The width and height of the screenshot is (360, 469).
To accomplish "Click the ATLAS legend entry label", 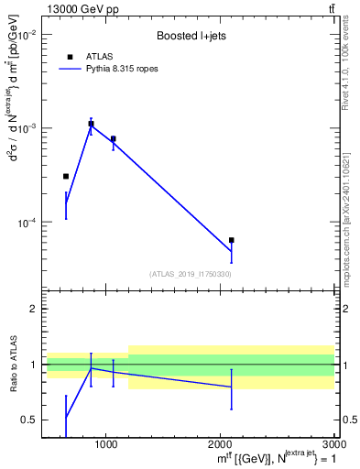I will coord(100,57).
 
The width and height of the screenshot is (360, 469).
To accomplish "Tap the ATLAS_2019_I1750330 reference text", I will coord(190,274).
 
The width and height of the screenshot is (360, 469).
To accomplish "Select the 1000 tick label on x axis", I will coord(105,444).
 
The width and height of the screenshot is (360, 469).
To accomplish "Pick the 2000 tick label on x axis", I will coord(221,444).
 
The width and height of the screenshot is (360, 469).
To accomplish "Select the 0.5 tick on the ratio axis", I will coord(27,420).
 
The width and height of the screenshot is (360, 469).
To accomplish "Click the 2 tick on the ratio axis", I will coord(31,310).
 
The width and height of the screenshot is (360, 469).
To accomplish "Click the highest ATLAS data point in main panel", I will coord(91,124).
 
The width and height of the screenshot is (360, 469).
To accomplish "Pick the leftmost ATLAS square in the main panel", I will coord(66,176).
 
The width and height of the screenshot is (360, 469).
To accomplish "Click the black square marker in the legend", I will coord(70,57).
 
